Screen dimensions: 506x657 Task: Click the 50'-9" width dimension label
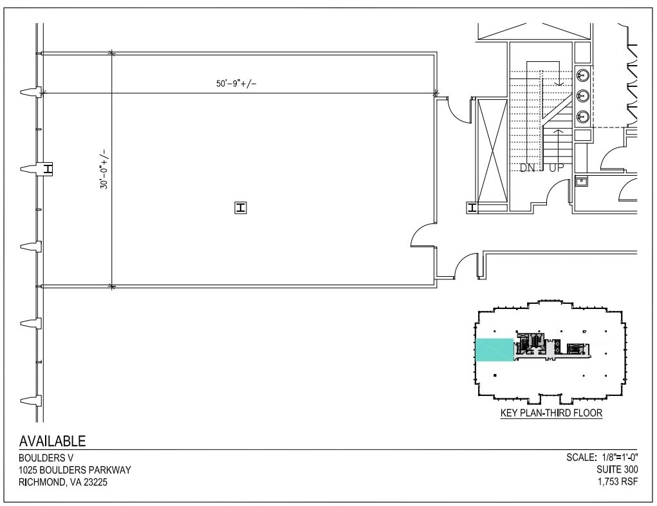239,84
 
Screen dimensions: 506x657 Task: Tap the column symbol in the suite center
241,207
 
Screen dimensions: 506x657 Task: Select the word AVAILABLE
52,441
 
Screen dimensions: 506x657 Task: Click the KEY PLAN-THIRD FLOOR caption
551,413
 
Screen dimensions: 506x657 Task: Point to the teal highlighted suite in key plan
494,350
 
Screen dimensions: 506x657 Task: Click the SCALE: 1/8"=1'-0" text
602,457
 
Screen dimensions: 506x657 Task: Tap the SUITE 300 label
617,470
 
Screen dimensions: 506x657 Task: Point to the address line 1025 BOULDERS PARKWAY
75,470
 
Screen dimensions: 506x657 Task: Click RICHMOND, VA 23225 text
64,482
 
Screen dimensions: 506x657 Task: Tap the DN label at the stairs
528,168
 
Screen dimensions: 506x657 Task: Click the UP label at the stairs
557,168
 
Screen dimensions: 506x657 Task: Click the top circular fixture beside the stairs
582,75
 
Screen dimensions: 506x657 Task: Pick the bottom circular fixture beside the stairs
582,117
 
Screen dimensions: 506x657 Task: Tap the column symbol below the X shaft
472,207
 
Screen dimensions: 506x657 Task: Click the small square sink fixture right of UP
581,181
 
